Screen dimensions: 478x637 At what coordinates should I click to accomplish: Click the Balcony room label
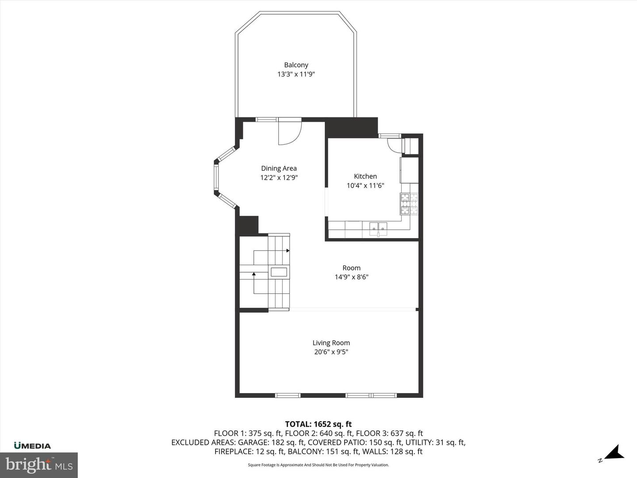[296, 65]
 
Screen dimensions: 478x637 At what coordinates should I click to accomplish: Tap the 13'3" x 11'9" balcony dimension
[296, 74]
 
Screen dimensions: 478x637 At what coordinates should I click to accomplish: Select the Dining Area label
[279, 168]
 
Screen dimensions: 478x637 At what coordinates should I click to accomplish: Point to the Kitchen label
[365, 176]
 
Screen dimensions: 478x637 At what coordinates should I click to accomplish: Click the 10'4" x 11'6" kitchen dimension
[365, 186]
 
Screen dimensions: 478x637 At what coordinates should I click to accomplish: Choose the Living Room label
[331, 343]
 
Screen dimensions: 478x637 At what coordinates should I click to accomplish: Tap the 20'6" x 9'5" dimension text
[331, 352]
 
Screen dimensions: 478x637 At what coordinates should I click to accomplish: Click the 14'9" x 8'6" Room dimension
[351, 278]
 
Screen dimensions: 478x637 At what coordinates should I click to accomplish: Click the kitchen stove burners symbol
[409, 204]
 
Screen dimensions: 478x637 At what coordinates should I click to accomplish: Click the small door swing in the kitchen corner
[394, 145]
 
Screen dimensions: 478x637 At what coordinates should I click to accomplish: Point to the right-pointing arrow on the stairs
[288, 251]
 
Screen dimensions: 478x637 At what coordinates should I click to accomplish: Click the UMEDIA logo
[32, 446]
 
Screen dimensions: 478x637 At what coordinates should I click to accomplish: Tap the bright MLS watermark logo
[39, 465]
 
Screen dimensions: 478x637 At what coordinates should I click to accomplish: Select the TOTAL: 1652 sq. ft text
[318, 424]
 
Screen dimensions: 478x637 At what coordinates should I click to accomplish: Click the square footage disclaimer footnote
[318, 465]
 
